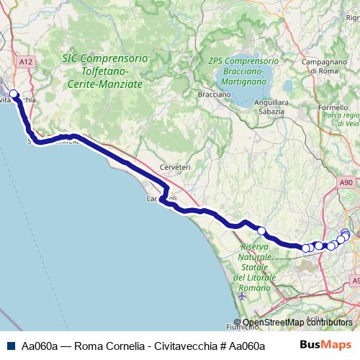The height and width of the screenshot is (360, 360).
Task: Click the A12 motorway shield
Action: [27, 63]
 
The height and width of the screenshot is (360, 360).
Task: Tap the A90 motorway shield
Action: [346, 184]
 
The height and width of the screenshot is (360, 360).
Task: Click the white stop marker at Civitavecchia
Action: [13, 93]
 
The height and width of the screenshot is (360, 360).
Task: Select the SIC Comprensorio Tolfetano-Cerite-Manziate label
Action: [104, 71]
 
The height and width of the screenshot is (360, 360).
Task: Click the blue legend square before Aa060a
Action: [9, 346]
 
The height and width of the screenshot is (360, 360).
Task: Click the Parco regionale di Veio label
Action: [341, 120]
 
